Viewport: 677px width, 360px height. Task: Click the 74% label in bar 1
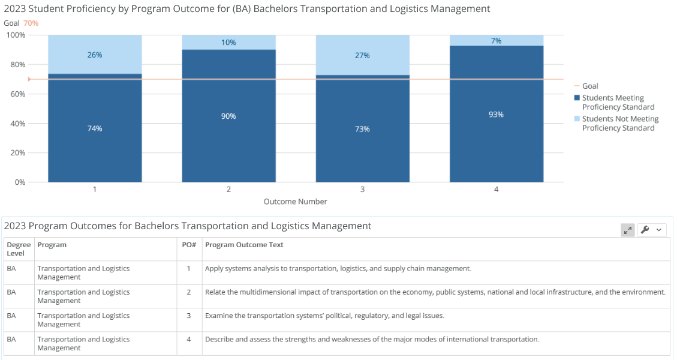point(95,128)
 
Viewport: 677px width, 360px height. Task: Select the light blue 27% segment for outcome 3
point(363,55)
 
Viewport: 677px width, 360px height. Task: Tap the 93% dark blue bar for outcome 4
point(497,113)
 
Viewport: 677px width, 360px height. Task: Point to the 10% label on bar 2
point(228,43)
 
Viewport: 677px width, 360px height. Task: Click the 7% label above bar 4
point(496,41)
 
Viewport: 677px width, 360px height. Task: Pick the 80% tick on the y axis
point(17,64)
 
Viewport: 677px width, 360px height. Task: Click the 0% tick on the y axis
point(20,182)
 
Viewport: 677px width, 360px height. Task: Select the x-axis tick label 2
point(228,189)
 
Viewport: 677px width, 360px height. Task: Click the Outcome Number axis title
point(295,202)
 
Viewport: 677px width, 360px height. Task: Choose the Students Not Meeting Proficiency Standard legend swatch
point(577,118)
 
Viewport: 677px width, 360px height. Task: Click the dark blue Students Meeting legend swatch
point(577,98)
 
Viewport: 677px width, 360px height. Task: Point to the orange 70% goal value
point(31,23)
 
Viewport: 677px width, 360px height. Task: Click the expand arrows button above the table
point(627,230)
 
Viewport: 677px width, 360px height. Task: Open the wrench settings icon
point(645,230)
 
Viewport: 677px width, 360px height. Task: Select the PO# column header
point(189,245)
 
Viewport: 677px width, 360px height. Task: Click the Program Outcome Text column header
point(244,245)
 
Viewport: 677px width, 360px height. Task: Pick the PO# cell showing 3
point(189,316)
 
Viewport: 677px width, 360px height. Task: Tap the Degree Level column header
point(19,249)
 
